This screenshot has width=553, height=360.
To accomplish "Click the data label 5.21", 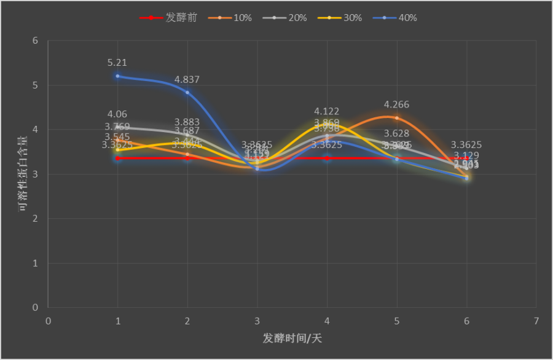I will click(x=117, y=63).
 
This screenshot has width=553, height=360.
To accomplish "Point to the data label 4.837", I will click(x=187, y=80).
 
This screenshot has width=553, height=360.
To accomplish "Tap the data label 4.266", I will click(x=396, y=105).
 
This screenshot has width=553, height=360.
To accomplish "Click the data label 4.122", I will click(x=326, y=112).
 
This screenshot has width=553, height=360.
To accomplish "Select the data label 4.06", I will click(x=117, y=114).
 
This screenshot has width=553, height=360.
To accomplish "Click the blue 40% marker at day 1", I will click(x=117, y=76).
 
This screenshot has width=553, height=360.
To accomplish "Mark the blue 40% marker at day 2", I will click(x=187, y=93).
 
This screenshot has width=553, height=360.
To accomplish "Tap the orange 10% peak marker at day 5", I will click(x=397, y=118).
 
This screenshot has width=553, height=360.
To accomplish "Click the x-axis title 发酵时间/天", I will click(x=292, y=338).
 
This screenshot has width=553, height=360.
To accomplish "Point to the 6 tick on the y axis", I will click(x=35, y=41).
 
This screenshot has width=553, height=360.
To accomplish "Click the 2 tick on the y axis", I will click(x=35, y=219).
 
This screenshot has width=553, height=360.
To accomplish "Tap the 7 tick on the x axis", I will click(x=536, y=321).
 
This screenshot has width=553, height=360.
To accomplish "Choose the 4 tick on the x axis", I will click(x=327, y=321).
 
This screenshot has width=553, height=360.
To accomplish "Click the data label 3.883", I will click(x=187, y=122).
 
